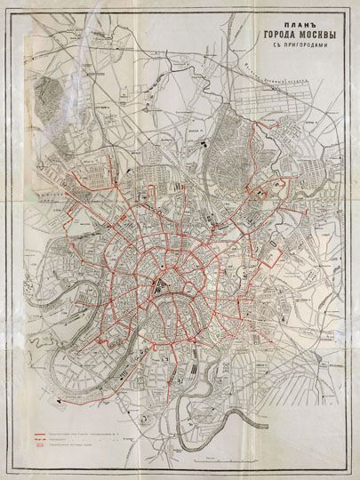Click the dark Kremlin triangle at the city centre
point(158,286)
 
